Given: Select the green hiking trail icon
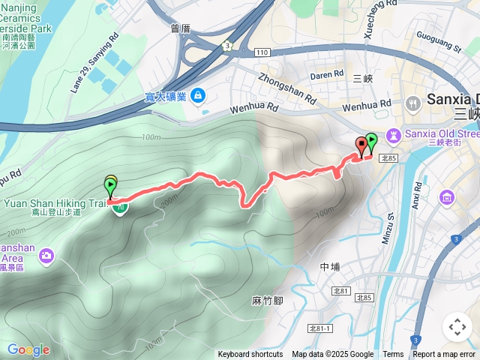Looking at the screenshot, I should coord(119,208).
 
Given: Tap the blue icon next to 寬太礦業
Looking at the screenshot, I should coord(197,95).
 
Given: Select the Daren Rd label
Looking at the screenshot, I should coord(326,75).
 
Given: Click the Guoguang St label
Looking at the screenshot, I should coord(438,43).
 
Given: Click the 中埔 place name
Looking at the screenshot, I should coord(330,266).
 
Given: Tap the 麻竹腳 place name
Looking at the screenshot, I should coord(267,301).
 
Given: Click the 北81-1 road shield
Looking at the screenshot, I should coord(323,328).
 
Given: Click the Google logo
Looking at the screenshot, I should coord(28,349).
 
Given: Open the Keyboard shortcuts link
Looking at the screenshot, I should coord(250,355).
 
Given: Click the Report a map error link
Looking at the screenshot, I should coord(445,355).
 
